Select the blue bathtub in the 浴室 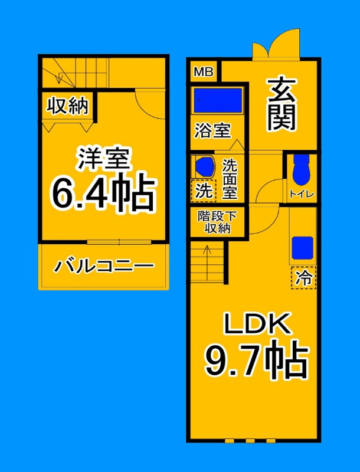218,100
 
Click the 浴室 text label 212,130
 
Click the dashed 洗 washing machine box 203,190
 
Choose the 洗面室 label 230,179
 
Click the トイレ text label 301,194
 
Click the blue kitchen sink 303,245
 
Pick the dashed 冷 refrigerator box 303,277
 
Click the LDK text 257,324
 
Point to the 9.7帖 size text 257,360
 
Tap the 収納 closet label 67,106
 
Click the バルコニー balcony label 104,267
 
